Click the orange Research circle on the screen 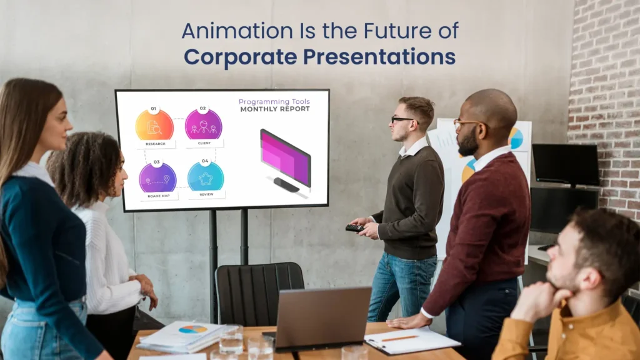click(x=154, y=125)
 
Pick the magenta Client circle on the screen click(x=203, y=124)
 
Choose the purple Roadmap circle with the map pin click(x=157, y=177)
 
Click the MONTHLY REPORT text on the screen click(x=274, y=109)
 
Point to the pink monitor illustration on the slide click(x=285, y=157)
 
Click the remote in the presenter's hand click(x=354, y=228)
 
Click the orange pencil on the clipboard click(x=401, y=338)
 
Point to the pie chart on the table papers click(x=192, y=329)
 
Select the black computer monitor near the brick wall click(x=566, y=165)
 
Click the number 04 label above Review click(x=205, y=161)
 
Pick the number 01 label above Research click(x=154, y=109)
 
